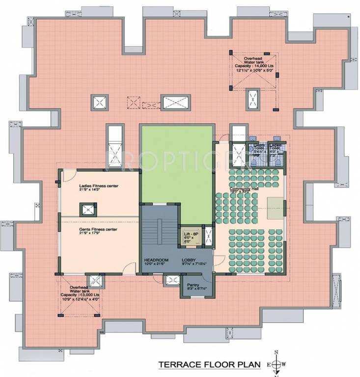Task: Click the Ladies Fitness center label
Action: click(99, 186)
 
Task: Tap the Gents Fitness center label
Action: click(98, 229)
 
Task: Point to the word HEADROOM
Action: click(156, 260)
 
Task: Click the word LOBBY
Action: click(190, 260)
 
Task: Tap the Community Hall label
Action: click(244, 189)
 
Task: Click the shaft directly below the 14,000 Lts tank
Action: click(252, 98)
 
